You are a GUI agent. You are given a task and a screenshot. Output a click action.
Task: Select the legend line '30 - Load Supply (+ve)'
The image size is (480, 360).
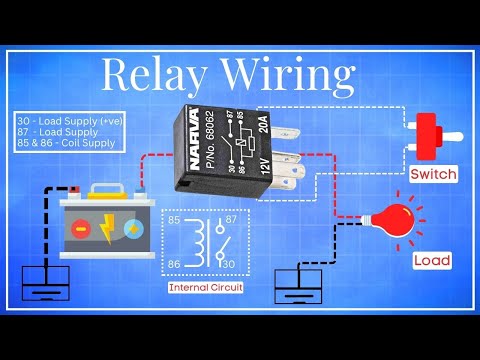(64, 120)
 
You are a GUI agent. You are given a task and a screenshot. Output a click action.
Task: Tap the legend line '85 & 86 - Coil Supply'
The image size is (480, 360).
(64, 143)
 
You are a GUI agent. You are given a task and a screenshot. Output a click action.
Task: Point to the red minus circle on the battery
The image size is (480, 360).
(81, 229)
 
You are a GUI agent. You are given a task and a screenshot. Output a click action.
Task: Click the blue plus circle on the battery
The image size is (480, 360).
(132, 229)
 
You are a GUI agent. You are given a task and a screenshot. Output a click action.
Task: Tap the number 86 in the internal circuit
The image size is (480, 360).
(173, 263)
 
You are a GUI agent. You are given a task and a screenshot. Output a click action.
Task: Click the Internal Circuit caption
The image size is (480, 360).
(205, 288)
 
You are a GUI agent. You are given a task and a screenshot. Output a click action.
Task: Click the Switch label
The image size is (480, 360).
(434, 174)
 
